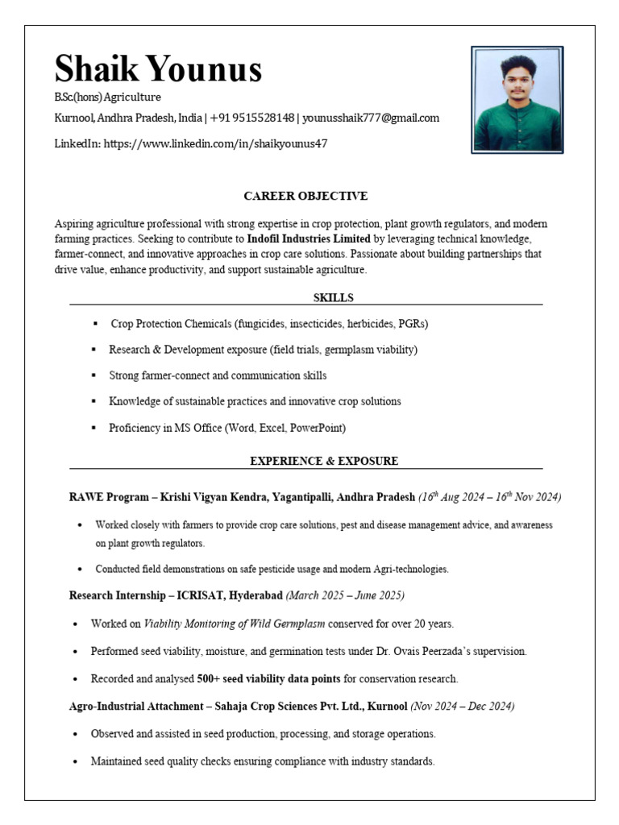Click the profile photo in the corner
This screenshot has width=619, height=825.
click(x=517, y=100)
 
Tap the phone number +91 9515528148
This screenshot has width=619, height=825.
click(x=252, y=118)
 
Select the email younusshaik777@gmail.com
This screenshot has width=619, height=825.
click(x=371, y=118)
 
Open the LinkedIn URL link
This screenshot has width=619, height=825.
click(x=215, y=143)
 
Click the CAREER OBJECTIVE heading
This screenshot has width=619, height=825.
click(x=305, y=196)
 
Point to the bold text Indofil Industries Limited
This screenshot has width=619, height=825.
click(x=309, y=239)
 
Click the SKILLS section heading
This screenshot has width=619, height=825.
click(x=333, y=297)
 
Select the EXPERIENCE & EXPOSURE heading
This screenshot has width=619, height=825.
click(x=324, y=461)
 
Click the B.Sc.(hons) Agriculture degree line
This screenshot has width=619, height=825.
click(x=107, y=97)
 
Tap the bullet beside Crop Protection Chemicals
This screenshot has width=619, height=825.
click(x=95, y=323)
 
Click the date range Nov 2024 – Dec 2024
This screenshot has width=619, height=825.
click(x=463, y=706)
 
